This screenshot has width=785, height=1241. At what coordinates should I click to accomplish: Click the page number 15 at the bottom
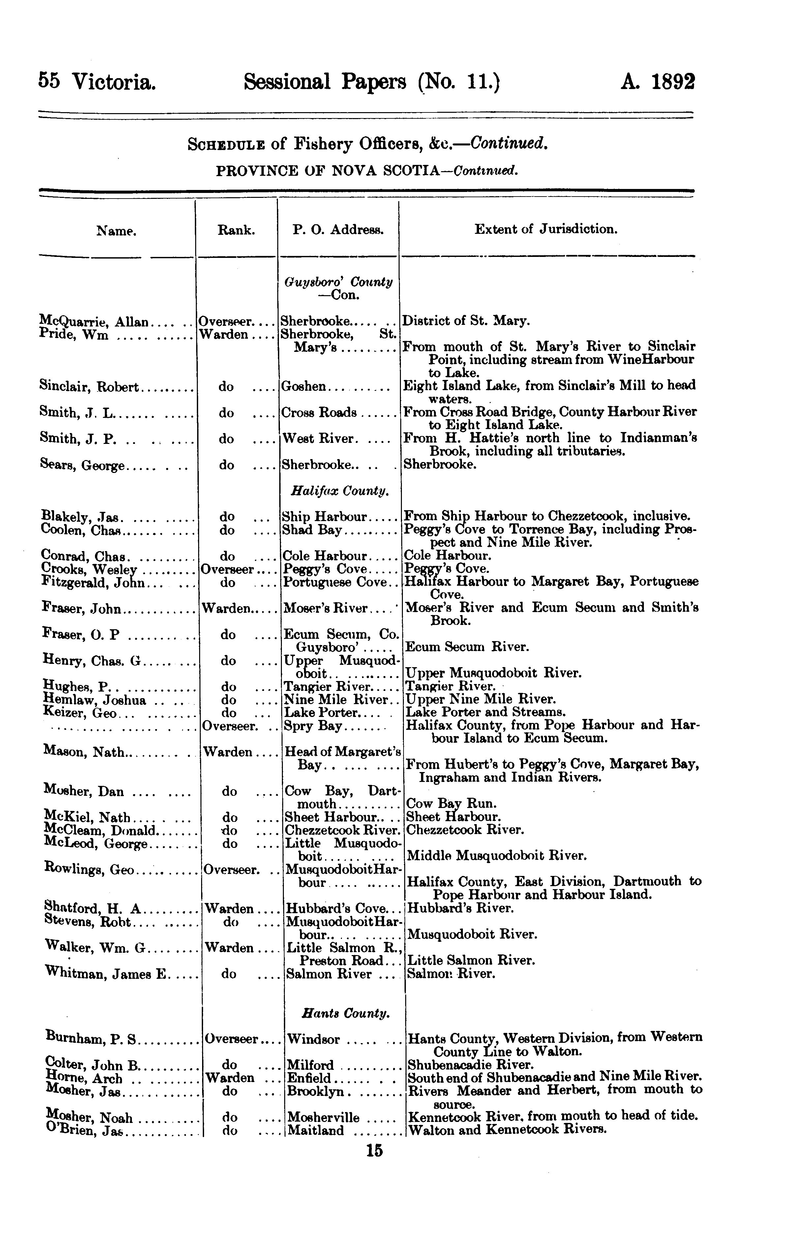[x=375, y=1151]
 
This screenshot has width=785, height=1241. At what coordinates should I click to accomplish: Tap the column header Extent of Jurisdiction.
[x=546, y=229]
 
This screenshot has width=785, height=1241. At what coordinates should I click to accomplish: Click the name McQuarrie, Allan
[x=94, y=322]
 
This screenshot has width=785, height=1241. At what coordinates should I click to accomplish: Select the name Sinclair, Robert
[x=89, y=386]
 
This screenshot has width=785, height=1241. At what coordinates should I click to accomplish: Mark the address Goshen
[x=304, y=386]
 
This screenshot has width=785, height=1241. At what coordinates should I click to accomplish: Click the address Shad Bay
[x=312, y=530]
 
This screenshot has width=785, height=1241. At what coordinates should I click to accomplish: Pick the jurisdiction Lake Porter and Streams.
[x=486, y=712]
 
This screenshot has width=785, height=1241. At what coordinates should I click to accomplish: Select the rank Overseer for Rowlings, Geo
[x=230, y=869]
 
